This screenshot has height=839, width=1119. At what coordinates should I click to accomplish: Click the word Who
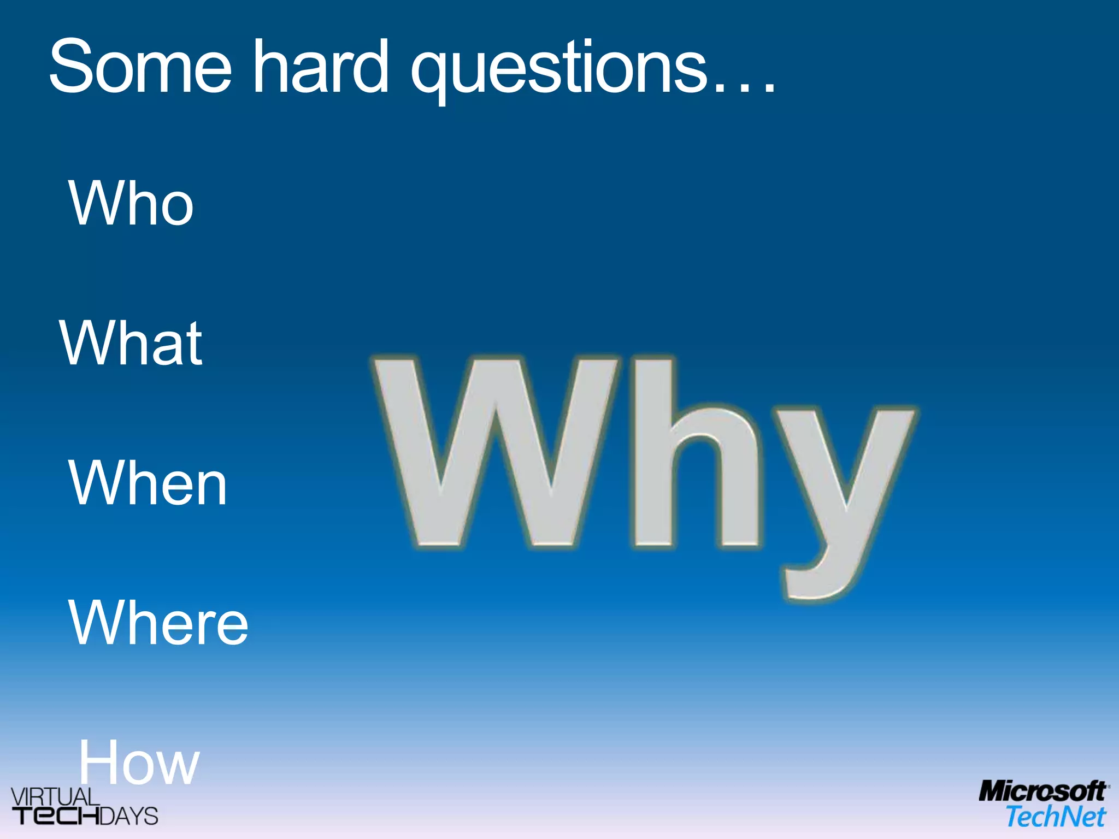coord(131,203)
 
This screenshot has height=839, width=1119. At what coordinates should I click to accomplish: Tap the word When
coord(147,483)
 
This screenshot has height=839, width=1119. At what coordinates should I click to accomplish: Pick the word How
coord(139,763)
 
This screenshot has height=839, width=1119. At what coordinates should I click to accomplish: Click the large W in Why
coord(494,453)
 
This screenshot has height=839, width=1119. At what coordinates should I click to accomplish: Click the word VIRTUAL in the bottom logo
coord(55,796)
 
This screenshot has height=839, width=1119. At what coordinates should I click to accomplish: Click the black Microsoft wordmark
coord(1043,791)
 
